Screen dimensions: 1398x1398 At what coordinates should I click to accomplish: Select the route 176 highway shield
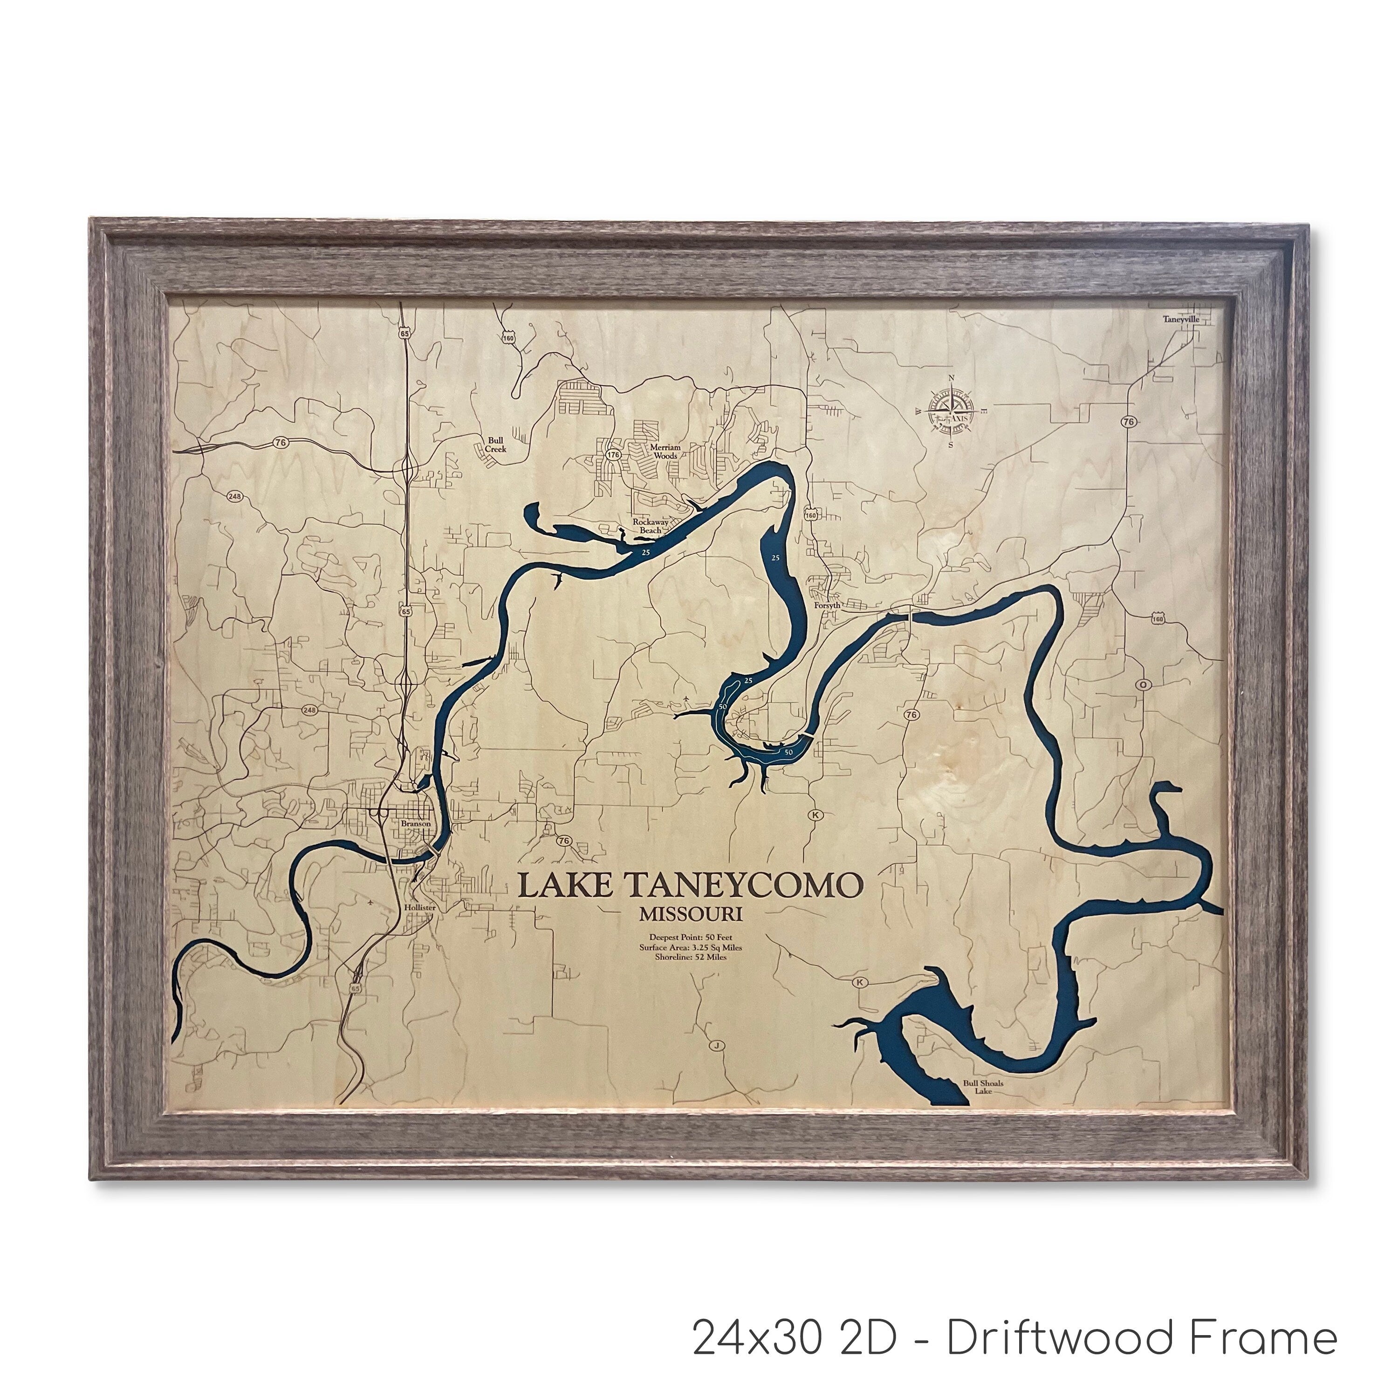(614, 454)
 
